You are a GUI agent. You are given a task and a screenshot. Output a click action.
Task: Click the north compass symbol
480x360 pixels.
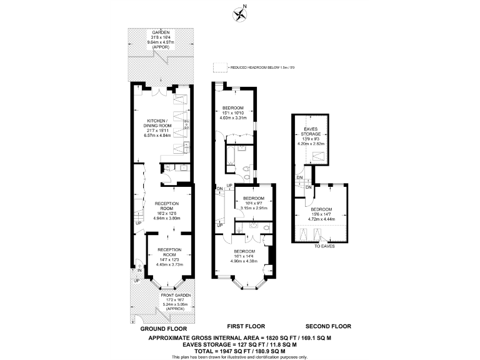pos(239,12)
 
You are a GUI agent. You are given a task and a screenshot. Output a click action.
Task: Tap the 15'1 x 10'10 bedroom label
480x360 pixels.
pos(234,110)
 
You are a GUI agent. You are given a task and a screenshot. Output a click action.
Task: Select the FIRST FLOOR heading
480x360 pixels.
pos(246,326)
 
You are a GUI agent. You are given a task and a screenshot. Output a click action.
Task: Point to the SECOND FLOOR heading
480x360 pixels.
pos(328,326)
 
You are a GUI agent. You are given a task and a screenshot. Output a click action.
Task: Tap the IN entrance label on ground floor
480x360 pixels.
pos(140,271)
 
